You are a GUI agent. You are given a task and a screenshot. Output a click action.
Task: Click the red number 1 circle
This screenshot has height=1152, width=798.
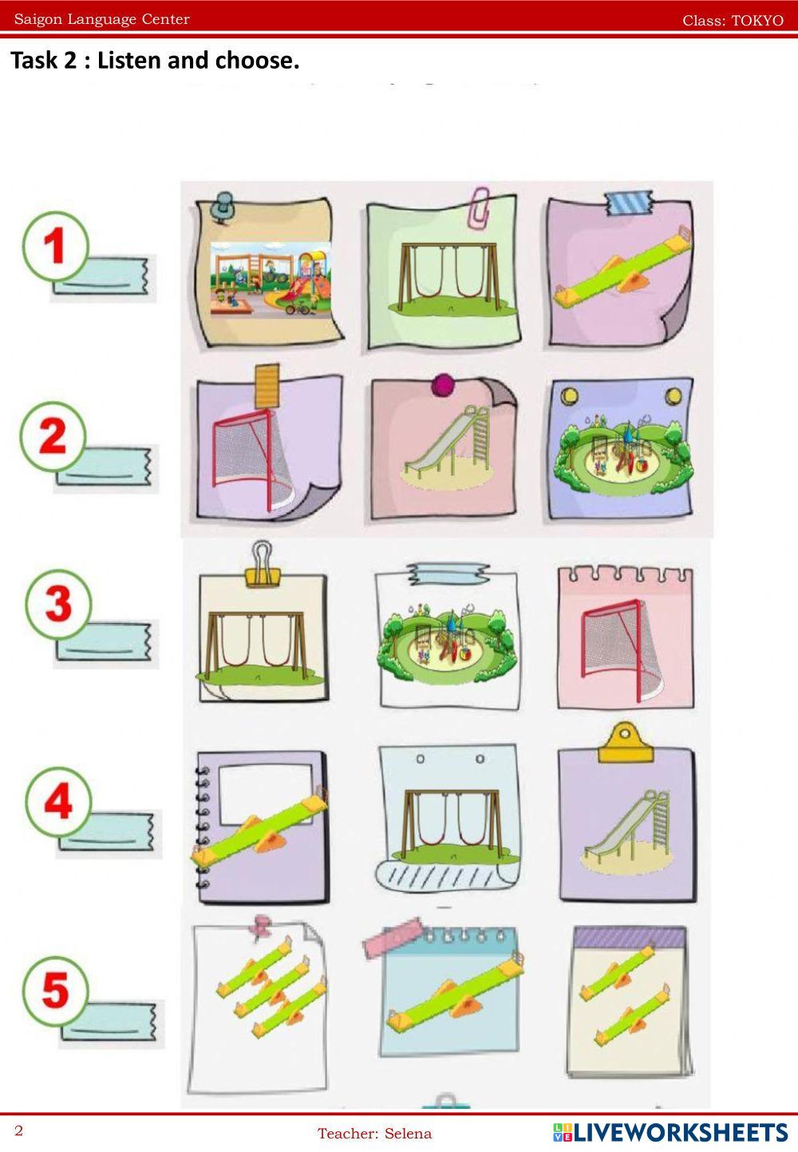(x=55, y=247)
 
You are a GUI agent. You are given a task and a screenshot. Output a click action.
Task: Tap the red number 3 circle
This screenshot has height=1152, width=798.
(x=58, y=603)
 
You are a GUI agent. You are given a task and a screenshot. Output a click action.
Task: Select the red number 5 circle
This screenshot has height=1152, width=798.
(x=55, y=991)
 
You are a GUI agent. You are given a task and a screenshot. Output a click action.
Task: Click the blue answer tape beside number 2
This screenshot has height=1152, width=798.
(x=104, y=467)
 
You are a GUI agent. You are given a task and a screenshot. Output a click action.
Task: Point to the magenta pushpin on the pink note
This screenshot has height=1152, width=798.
(x=444, y=385)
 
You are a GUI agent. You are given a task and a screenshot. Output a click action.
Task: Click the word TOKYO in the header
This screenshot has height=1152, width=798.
(x=757, y=21)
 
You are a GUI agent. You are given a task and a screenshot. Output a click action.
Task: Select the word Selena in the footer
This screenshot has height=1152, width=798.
(x=408, y=1134)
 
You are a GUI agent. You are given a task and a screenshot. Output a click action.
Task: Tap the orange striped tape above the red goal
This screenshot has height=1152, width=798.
(x=267, y=385)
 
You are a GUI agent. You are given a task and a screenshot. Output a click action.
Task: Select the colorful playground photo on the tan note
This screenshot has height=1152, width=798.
(x=271, y=280)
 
